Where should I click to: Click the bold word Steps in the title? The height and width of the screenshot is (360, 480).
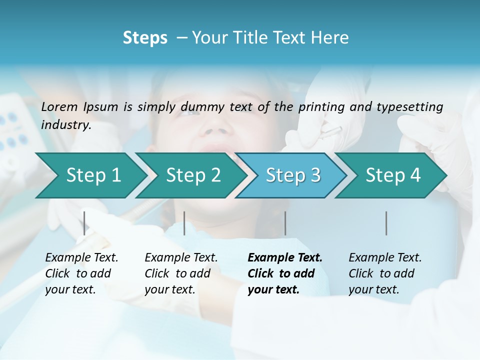point(145,38)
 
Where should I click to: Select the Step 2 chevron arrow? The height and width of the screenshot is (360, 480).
point(192,175)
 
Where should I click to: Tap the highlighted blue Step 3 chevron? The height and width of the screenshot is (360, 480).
point(292,175)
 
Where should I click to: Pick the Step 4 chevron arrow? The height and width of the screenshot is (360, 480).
point(392,175)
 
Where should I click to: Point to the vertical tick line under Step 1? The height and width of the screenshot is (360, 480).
point(84,223)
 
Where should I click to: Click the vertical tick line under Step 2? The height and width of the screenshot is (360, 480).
point(184,223)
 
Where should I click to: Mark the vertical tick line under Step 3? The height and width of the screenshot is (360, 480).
point(285,223)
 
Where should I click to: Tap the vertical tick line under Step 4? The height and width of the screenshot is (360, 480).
point(386,223)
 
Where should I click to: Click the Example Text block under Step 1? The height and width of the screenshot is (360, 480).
point(81,273)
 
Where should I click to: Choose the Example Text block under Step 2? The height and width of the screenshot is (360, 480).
point(181,273)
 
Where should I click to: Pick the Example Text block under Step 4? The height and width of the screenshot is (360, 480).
point(385,273)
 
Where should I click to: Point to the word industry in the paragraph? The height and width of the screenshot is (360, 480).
point(66,125)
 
